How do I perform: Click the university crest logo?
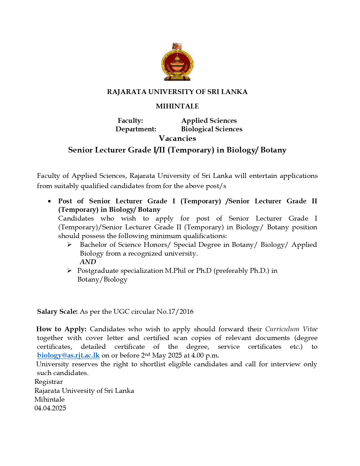(177, 62)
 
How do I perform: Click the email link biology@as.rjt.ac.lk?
(68, 355)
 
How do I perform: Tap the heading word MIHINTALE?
(177, 106)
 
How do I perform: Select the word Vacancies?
(177, 138)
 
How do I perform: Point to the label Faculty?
(130, 121)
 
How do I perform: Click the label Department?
(136, 129)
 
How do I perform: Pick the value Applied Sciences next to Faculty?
(209, 121)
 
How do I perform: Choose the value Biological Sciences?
(211, 129)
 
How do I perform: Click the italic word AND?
(88, 262)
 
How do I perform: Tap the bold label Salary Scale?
(57, 312)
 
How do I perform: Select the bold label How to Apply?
(62, 329)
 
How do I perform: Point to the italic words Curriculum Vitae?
(291, 329)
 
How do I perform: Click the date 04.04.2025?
(50, 408)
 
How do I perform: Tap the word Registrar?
(49, 382)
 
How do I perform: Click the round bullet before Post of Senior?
(50, 201)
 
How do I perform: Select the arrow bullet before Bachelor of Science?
(69, 245)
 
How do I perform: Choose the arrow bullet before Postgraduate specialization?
(69, 271)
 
